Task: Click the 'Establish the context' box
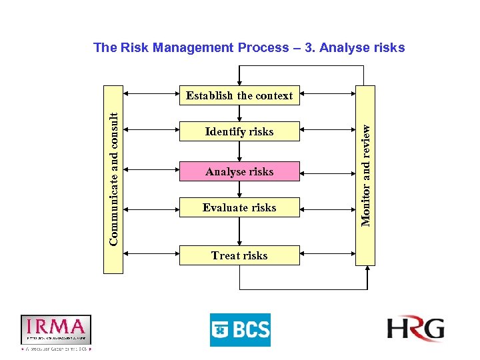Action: [239, 95]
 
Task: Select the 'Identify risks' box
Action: [239, 131]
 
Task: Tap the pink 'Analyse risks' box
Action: [239, 171]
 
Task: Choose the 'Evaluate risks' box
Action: [239, 207]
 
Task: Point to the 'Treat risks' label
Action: [239, 255]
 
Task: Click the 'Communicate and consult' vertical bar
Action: [113, 179]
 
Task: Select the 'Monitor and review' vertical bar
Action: [365, 175]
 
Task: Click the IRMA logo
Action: [56, 329]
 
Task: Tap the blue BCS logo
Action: [240, 329]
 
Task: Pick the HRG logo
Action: [415, 329]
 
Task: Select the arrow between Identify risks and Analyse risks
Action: [239, 151]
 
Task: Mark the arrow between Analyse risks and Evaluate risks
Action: [239, 189]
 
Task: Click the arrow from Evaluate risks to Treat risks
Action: [239, 231]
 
